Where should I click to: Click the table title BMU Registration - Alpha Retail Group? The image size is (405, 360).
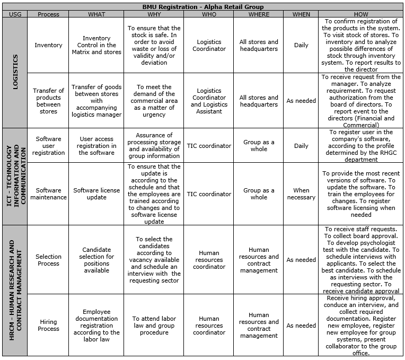pos(203,7)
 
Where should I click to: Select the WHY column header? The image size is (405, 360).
pos(154,14)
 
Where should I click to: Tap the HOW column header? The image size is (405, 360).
pos(360,14)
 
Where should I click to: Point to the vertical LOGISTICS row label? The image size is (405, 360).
pos(15,72)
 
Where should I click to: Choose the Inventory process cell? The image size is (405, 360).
pos(48,45)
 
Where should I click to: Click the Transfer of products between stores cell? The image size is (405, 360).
pos(48,101)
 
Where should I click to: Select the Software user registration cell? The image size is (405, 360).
pos(48,146)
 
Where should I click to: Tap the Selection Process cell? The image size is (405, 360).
pos(48,260)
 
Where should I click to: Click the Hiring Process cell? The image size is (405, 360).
pos(48,326)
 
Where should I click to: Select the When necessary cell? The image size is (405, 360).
pos(301,194)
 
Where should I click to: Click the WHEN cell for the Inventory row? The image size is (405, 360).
pos(301,45)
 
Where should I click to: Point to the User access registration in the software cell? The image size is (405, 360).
pos(97,146)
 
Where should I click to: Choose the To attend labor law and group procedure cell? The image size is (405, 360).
pos(154,326)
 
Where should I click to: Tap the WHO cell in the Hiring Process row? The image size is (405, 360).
pos(209,326)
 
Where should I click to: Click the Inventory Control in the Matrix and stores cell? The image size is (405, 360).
pos(97,45)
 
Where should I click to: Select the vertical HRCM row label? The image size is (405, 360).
pos(15,290)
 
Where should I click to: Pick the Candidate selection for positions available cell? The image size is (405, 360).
pos(97,260)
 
